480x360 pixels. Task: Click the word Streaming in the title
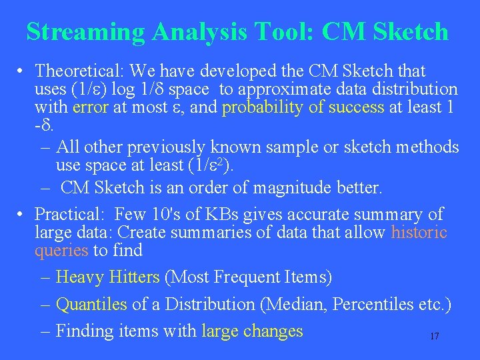click(85, 31)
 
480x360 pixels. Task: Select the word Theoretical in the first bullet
click(77, 70)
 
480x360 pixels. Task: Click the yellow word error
click(90, 107)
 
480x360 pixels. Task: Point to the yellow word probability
click(263, 107)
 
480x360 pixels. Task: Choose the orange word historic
click(419, 233)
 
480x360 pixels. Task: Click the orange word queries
click(61, 251)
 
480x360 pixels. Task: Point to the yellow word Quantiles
click(91, 304)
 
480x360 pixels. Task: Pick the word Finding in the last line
click(82, 331)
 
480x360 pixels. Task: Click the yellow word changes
click(273, 331)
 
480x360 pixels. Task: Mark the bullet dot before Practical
click(22, 215)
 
